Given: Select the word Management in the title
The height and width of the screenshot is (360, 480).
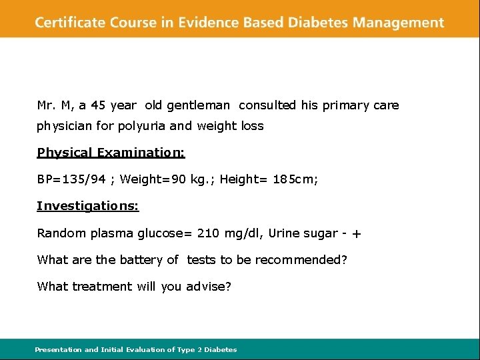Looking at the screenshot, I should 398,22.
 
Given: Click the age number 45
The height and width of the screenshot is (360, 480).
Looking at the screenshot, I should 98,105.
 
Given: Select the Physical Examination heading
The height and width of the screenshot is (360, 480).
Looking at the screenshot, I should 111,153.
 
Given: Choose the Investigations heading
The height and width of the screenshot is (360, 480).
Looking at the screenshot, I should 87,206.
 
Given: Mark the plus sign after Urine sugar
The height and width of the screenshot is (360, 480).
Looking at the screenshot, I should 357,234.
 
